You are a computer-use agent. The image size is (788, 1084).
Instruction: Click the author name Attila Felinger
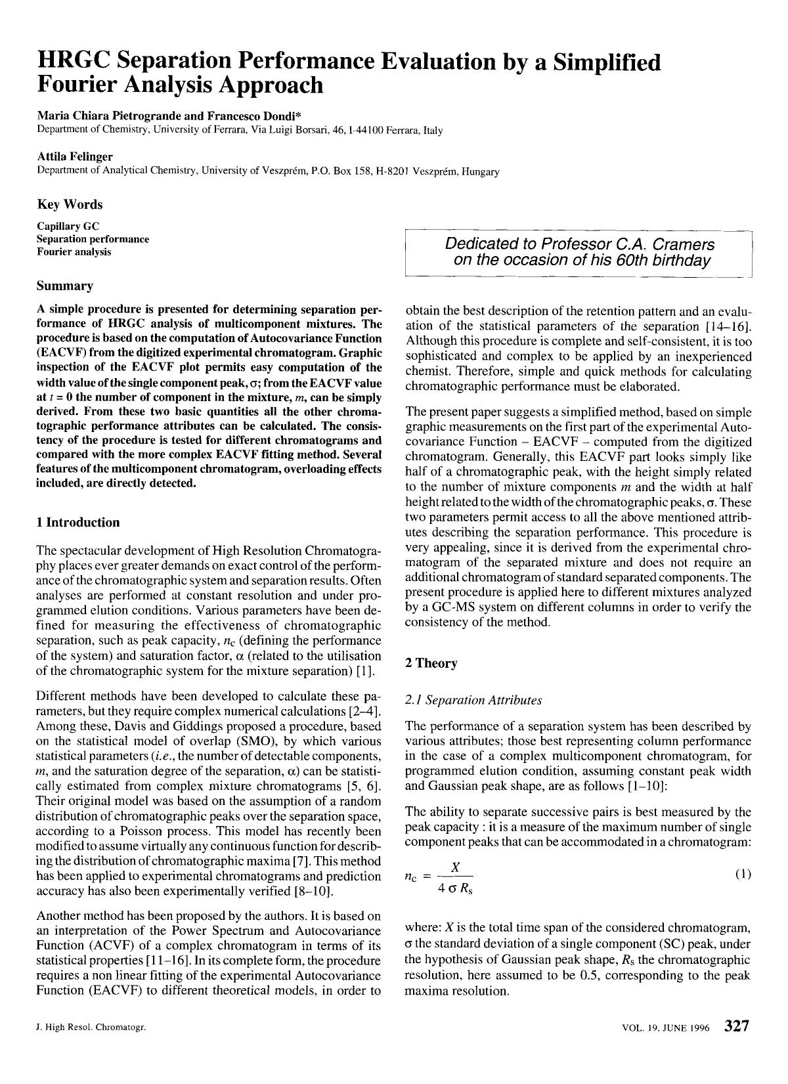pos(75,156)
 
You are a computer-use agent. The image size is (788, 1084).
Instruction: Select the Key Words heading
pos(70,204)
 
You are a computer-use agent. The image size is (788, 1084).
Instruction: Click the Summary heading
pos(65,286)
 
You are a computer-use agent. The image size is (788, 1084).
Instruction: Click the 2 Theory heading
pos(431,662)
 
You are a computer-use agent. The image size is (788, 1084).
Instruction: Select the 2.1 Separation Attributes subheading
pos(473,700)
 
